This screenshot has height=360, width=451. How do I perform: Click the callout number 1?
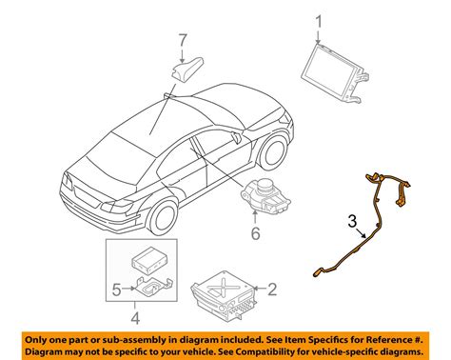pyautogui.click(x=320, y=19)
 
